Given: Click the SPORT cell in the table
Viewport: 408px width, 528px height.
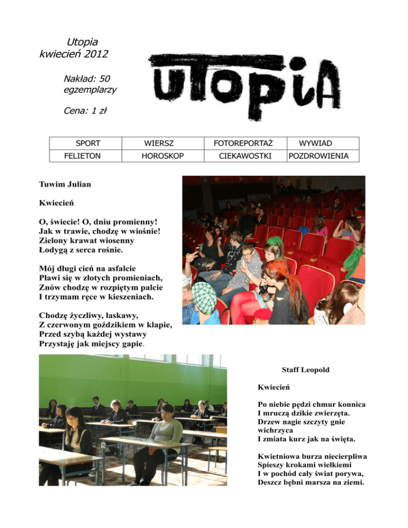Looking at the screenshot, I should tap(88, 143).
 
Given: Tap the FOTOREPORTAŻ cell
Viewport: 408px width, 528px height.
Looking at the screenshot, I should tap(243, 143).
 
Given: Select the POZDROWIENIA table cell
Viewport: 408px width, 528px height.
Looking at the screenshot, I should tap(322, 156).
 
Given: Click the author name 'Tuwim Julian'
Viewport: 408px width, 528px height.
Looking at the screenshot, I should tap(65, 185).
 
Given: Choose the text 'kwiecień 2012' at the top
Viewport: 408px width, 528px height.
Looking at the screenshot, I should tap(75, 53).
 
